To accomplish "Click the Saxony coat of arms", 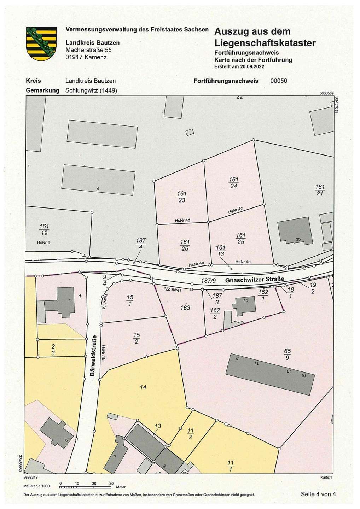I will [x=41, y=43].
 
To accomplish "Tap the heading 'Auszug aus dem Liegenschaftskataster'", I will [x=265, y=37].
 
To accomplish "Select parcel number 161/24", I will [x=234, y=183].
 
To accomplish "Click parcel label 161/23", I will [x=182, y=197].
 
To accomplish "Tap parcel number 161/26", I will [x=185, y=245].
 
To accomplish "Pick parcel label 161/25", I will [x=240, y=239].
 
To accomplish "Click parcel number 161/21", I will [x=320, y=190].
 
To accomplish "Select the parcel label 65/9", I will [x=287, y=354].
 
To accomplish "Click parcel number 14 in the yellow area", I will [x=143, y=387].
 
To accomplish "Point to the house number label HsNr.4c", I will [x=235, y=210].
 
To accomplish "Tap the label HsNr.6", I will [x=44, y=242].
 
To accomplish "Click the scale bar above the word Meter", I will [x=86, y=487].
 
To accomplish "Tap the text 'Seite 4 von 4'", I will [x=318, y=494].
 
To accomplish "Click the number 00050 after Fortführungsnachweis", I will [x=279, y=81].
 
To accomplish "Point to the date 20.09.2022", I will [x=252, y=66].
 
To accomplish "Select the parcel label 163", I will [x=185, y=308].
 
